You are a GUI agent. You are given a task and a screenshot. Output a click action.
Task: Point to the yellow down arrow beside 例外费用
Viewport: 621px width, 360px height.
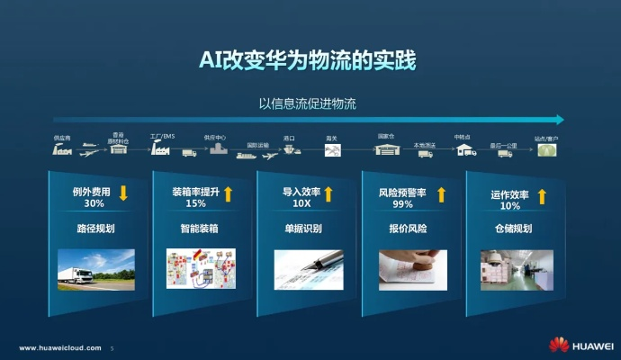(123, 193)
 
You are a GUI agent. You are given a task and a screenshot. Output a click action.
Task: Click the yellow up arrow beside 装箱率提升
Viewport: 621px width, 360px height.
(229, 193)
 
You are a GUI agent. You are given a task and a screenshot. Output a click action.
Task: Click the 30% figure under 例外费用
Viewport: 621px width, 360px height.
(94, 204)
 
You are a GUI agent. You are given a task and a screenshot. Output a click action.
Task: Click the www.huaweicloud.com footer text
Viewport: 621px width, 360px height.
(59, 347)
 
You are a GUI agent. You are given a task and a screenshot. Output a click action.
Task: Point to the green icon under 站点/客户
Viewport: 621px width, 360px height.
(546, 152)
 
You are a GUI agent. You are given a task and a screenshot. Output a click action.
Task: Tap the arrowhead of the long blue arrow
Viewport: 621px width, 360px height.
(560, 119)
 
